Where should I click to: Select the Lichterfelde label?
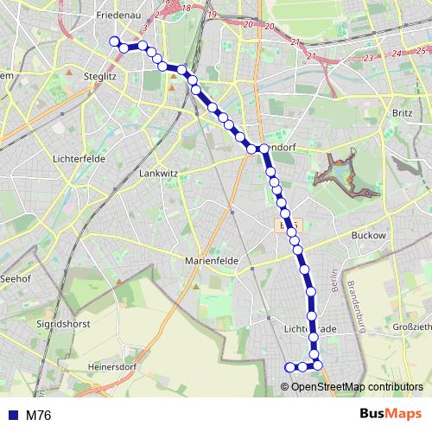point(78,160)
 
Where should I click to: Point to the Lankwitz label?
point(158,173)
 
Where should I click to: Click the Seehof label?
point(16,279)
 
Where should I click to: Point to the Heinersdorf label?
point(116,366)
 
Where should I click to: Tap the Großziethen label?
point(411,327)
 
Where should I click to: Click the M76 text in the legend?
point(38,416)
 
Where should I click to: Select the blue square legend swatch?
point(11,416)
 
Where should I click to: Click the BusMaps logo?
point(390,414)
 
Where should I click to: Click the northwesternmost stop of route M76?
point(113,41)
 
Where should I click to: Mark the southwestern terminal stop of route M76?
point(289,367)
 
